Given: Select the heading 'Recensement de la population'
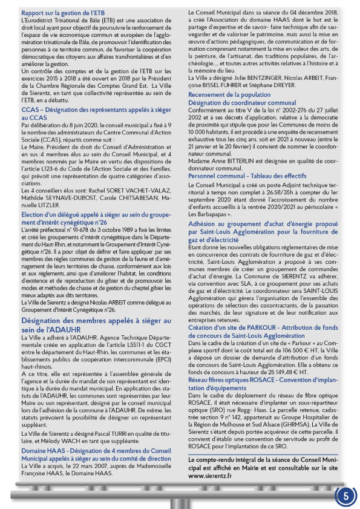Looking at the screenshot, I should point(229,95).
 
